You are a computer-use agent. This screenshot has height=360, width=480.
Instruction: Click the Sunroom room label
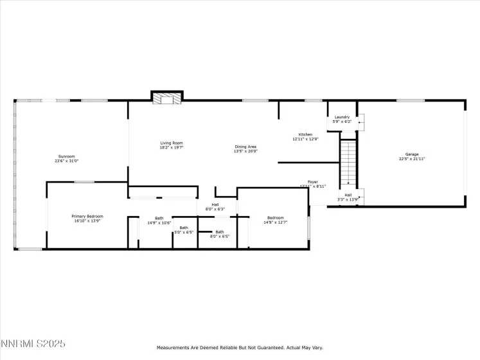coord(67,156)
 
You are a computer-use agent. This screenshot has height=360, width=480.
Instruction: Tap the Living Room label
coord(172,143)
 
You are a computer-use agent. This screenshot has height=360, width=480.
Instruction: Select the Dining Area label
coord(245,147)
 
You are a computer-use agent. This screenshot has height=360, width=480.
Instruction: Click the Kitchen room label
coord(305,134)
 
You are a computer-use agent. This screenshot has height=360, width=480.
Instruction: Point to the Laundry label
coord(342,117)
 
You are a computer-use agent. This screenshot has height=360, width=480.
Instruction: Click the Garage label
coord(411,154)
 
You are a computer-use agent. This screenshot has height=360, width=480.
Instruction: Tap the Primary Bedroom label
coord(87,217)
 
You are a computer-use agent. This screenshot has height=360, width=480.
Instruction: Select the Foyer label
coord(313,182)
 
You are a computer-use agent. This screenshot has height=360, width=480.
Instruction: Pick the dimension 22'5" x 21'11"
coord(411,159)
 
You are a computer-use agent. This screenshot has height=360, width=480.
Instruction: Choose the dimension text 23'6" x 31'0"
coord(67,161)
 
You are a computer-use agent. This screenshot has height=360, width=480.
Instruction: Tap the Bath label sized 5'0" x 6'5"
coord(184,228)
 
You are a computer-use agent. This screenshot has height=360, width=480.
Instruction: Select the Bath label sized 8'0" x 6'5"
coord(220,231)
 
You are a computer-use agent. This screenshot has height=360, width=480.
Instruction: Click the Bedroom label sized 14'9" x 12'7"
coord(275,218)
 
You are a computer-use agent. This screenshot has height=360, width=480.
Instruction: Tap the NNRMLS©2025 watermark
coord(33,345)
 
